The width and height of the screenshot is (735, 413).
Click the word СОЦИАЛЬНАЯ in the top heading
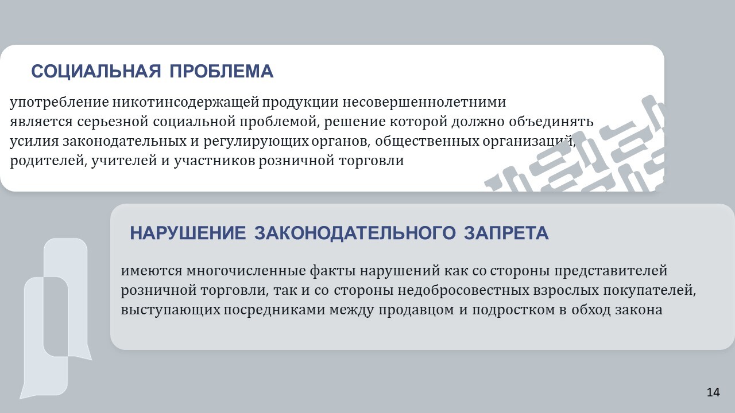coord(96,71)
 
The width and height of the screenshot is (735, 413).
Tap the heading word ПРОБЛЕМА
coord(222,71)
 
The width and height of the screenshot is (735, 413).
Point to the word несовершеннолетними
coord(424,102)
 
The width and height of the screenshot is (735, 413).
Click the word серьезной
coord(113,122)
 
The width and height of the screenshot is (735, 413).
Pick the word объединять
coord(551,122)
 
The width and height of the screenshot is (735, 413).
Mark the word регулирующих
coord(256,142)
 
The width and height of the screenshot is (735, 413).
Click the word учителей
coord(125,161)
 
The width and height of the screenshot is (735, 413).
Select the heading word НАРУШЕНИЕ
coord(188,233)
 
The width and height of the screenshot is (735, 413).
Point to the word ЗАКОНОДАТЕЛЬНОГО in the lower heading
coord(355,233)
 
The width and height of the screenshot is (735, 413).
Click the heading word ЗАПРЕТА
coord(506,233)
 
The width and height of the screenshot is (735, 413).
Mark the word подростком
coord(513,310)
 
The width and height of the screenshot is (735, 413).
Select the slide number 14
coord(713,392)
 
